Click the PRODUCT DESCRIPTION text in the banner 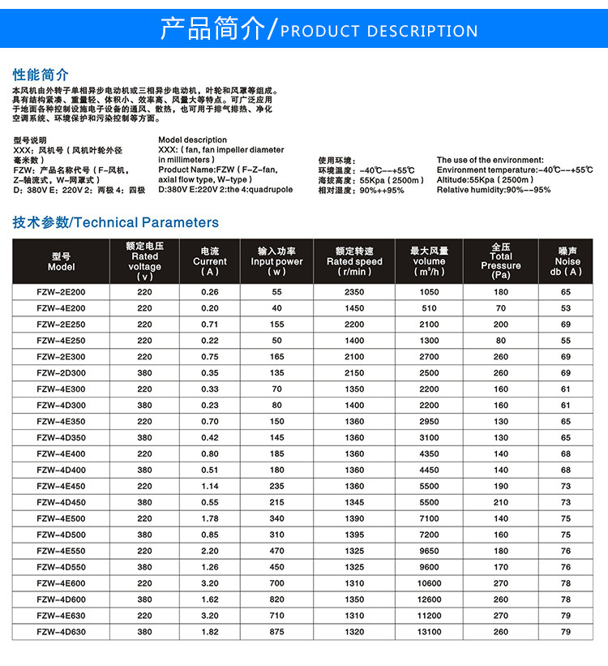point(379,32)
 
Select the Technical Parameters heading point(116,222)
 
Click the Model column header point(61,261)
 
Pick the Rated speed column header point(354,261)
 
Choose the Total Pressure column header point(500,261)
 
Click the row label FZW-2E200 point(61,292)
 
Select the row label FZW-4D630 point(61,632)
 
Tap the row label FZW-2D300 point(61,373)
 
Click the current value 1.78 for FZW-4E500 point(210,518)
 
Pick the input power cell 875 point(277,632)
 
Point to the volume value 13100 point(429,632)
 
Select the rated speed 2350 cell point(354,292)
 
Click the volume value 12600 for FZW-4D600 point(429,599)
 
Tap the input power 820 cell point(277,599)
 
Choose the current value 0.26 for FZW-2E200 point(210,292)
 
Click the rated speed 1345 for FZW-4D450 point(354,502)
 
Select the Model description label point(192,140)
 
